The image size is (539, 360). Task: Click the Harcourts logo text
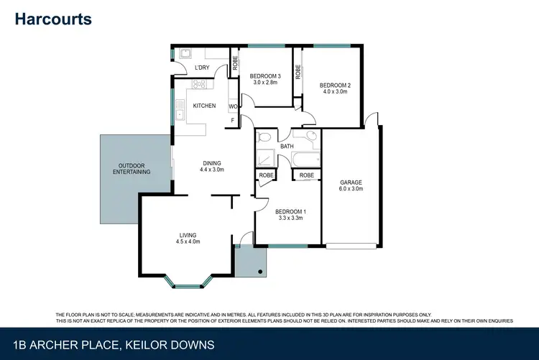click(53, 19)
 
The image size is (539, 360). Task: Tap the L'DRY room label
click(202, 68)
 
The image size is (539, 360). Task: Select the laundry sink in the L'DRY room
click(185, 53)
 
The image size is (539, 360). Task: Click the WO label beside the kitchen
click(233, 106)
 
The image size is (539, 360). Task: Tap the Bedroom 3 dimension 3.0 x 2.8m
click(265, 82)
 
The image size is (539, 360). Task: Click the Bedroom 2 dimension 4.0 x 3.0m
click(334, 92)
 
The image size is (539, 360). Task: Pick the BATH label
click(287, 147)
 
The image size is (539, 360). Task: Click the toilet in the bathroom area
click(264, 136)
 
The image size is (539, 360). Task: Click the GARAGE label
click(351, 183)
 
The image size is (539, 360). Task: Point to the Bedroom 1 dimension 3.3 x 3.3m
click(290, 218)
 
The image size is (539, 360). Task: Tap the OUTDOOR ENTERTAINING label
click(134, 169)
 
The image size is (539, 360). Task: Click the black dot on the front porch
click(260, 272)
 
